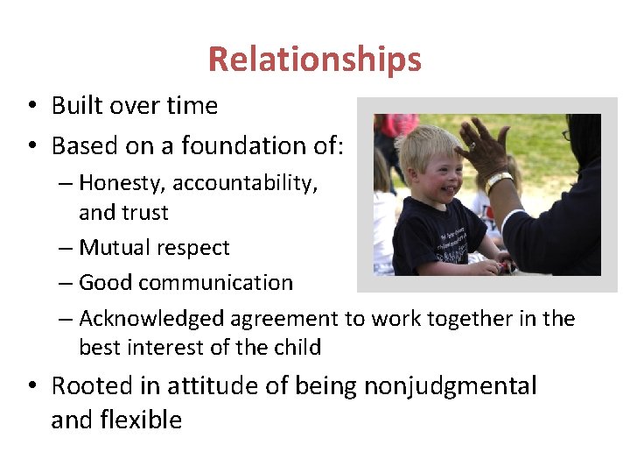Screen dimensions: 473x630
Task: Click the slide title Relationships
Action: tap(314, 60)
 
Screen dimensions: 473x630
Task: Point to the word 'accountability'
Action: tap(245, 183)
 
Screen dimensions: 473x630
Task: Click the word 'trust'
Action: tap(146, 213)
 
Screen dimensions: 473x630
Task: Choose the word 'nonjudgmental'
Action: tap(450, 385)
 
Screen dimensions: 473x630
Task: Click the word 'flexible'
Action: tap(141, 420)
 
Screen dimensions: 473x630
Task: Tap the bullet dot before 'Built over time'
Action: tap(31, 107)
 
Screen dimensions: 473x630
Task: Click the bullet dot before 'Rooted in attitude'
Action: tap(31, 386)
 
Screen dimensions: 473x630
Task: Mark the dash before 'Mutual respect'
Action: tap(67, 248)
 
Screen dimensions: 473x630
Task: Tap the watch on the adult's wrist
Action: tap(499, 181)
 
